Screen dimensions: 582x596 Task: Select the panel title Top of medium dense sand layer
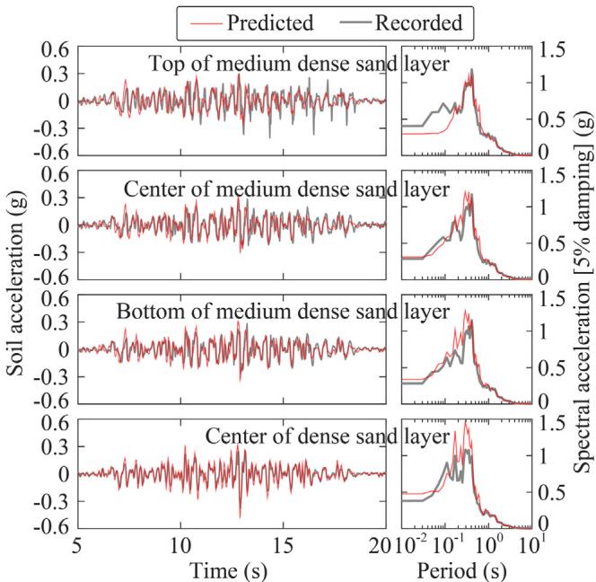point(298,64)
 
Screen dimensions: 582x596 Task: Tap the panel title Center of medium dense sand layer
point(285,189)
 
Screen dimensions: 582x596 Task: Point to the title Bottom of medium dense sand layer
point(284,313)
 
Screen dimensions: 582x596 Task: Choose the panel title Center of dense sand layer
point(327,437)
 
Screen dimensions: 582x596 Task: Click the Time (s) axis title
point(231,569)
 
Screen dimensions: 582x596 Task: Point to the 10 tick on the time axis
point(180,544)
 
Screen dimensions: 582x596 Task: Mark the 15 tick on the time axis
point(284,544)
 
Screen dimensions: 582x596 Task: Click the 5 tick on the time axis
point(78,544)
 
